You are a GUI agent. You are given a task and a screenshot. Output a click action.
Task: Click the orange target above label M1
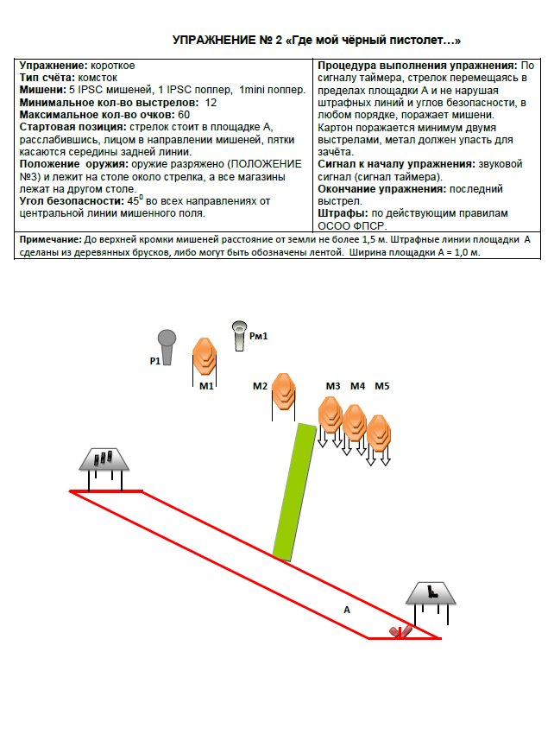click(204, 355)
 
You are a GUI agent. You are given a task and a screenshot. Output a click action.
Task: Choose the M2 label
click(261, 385)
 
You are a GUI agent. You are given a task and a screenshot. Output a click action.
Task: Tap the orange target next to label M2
click(284, 391)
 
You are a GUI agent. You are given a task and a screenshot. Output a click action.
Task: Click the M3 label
click(333, 385)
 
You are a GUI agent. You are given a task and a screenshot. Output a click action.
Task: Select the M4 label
click(357, 385)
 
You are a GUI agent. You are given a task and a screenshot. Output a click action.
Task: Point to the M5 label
click(382, 385)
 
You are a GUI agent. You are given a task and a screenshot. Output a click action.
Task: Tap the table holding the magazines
click(104, 460)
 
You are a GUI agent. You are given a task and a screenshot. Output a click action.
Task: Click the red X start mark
click(398, 631)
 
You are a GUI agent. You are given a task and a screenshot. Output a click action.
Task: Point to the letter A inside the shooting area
click(347, 609)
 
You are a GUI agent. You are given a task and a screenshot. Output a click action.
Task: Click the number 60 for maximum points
click(184, 114)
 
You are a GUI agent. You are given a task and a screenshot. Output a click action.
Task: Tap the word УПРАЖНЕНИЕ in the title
click(213, 41)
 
